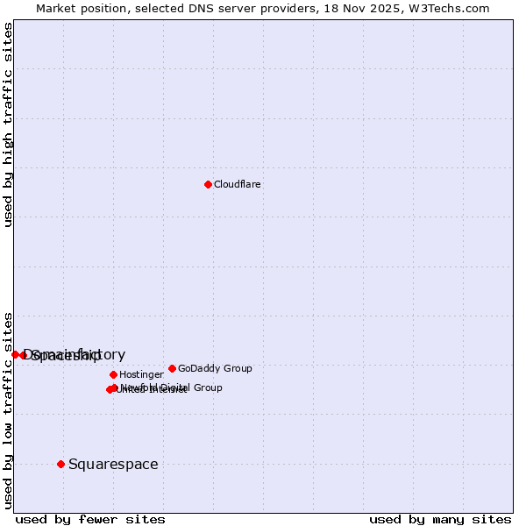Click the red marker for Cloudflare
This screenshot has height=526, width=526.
point(208,184)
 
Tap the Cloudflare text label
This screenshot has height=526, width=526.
point(237,185)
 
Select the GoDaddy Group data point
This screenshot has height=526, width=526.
point(172,368)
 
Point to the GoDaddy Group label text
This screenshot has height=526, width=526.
point(215,369)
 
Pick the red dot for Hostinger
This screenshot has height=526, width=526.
point(113,374)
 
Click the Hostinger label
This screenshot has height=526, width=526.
point(141,375)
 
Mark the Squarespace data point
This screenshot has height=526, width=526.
point(60,464)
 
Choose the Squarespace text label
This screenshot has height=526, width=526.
point(113,465)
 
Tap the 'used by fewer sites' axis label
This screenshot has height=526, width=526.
point(90,519)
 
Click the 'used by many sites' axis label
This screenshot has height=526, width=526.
point(440,519)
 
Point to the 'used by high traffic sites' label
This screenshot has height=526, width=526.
point(8,124)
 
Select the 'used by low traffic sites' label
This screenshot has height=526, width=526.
point(8,409)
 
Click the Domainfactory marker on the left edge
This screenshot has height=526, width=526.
point(15,354)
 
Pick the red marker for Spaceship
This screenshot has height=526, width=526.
point(24,355)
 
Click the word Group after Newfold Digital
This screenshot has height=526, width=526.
point(208,387)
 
